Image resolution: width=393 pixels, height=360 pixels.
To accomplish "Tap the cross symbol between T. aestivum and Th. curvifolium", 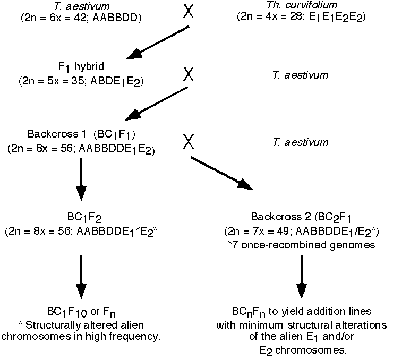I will [x=189, y=11].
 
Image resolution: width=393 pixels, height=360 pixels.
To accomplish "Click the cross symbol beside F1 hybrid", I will [x=189, y=74].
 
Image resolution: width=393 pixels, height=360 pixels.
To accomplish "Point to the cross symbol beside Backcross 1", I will [x=189, y=141].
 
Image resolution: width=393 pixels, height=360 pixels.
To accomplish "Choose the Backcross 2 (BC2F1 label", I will [x=300, y=218].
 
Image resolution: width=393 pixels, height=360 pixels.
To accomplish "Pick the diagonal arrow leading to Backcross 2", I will [x=221, y=172].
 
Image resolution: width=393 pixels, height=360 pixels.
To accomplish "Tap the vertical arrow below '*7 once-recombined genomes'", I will [x=301, y=276].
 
